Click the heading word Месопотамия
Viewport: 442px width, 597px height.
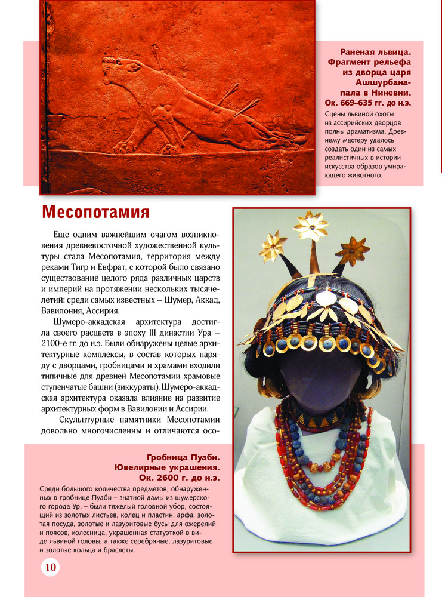coord(95,213)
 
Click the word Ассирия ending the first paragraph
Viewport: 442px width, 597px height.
coord(104,310)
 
